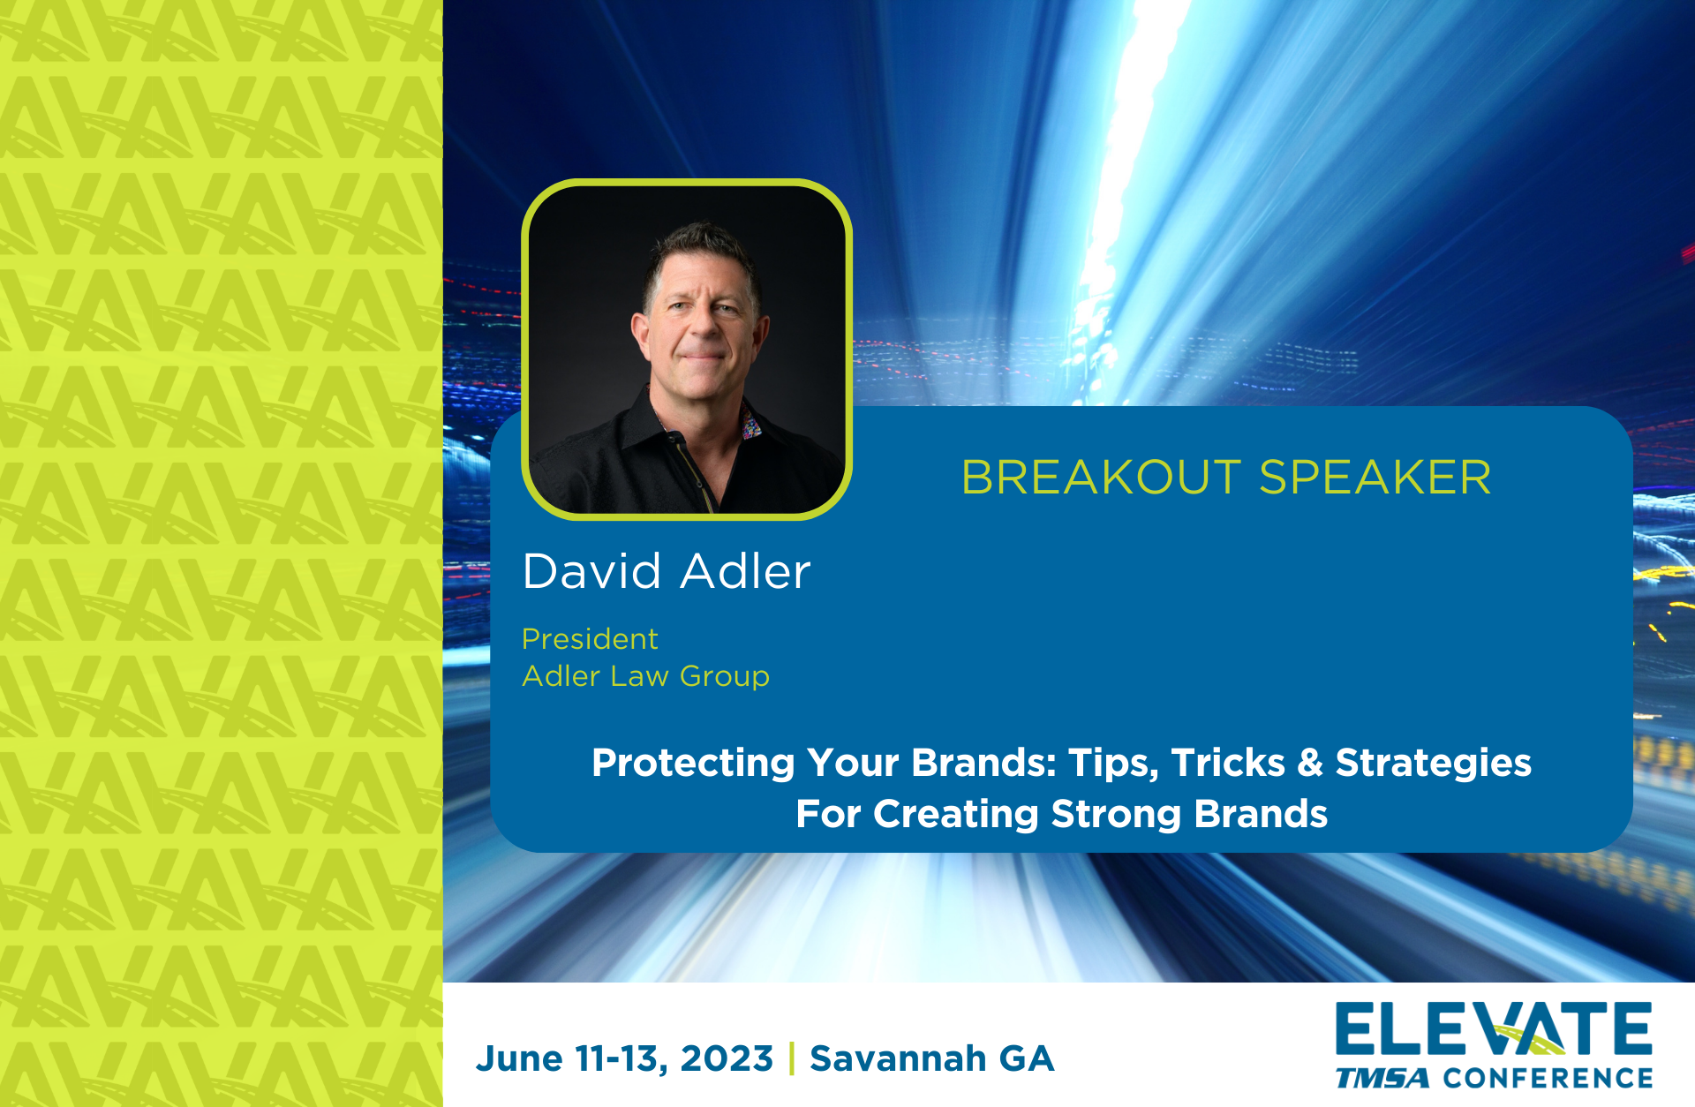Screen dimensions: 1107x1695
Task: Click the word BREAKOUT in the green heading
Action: click(x=1101, y=478)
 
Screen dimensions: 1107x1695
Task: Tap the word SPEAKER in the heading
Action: click(x=1375, y=478)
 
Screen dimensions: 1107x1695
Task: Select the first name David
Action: click(x=591, y=571)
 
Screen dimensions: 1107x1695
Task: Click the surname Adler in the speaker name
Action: click(x=746, y=571)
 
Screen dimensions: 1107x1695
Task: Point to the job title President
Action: click(x=590, y=638)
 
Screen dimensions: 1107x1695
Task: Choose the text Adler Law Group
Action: click(x=645, y=676)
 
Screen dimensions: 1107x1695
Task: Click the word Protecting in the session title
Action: click(x=693, y=763)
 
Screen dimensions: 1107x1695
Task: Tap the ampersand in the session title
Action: click(x=1309, y=763)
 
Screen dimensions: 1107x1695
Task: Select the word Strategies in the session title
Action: click(x=1433, y=763)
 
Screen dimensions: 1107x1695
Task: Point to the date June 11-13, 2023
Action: click(x=624, y=1058)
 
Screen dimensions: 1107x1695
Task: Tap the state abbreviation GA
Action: click(x=1027, y=1058)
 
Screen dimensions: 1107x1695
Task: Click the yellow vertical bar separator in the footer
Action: click(x=792, y=1058)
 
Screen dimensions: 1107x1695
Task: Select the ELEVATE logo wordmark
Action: click(x=1493, y=1029)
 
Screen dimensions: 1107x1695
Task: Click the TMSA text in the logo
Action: click(x=1382, y=1079)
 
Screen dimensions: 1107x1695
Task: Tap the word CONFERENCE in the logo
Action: click(x=1548, y=1079)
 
